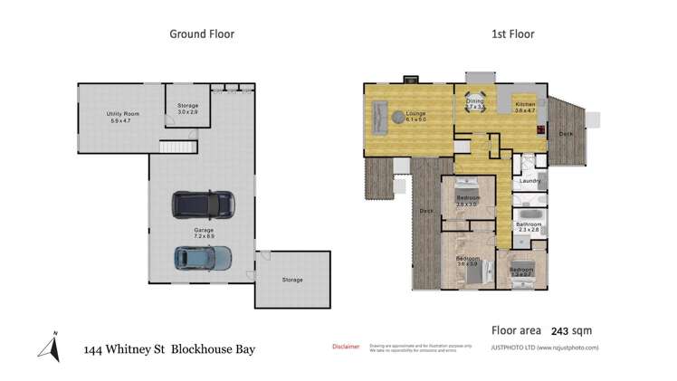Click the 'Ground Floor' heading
(x=202, y=34)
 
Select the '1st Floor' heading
(x=512, y=34)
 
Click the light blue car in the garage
(x=202, y=259)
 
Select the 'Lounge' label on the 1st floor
(x=403, y=112)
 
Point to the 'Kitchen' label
(x=526, y=105)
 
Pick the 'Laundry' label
(x=529, y=179)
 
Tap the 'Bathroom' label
(x=529, y=224)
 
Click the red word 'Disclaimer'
(x=346, y=346)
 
